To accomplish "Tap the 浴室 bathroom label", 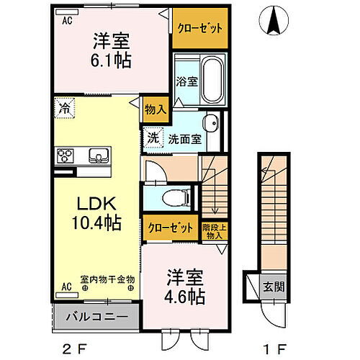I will pyautogui.click(x=187, y=82).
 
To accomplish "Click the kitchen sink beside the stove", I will pyautogui.click(x=97, y=155).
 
